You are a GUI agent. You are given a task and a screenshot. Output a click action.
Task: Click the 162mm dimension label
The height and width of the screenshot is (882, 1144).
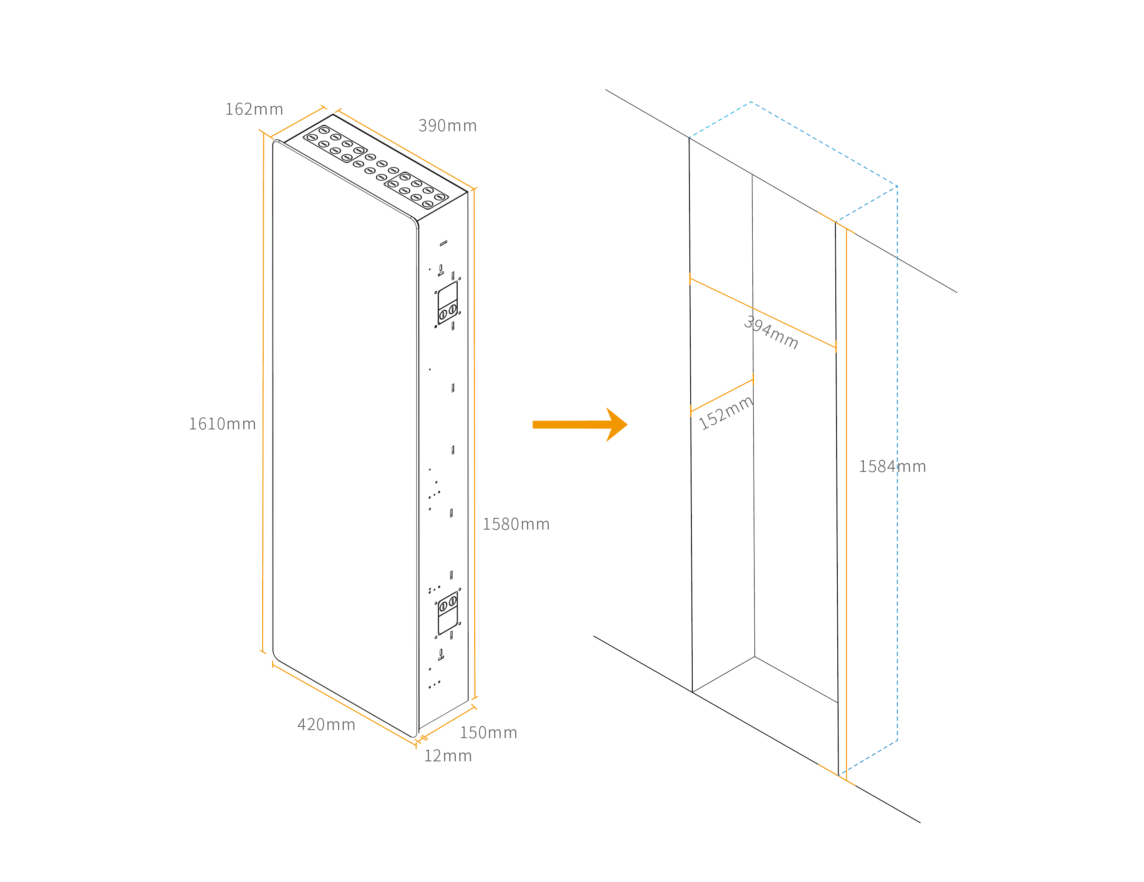point(254,109)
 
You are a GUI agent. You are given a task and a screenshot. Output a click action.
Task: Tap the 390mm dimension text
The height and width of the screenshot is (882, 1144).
point(447,126)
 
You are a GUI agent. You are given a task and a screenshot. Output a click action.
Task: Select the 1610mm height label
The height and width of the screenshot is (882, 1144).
point(222,424)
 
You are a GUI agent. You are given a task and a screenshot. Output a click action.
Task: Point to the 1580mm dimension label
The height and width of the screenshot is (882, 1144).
point(516,524)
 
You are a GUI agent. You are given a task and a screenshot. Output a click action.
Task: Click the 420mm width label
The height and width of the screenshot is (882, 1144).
point(326,725)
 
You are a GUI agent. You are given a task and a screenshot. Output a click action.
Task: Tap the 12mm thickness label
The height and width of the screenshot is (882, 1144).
point(448,756)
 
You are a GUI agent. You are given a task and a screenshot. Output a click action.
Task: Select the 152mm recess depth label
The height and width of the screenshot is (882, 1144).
point(726,413)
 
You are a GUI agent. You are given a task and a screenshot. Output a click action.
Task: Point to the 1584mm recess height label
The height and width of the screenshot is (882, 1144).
point(892,467)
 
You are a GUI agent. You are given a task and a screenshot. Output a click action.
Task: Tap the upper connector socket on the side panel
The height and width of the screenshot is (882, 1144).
point(448,303)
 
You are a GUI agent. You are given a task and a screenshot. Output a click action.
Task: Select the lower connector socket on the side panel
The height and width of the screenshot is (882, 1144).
point(448,613)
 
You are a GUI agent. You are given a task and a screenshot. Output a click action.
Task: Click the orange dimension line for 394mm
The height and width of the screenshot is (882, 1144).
point(796,328)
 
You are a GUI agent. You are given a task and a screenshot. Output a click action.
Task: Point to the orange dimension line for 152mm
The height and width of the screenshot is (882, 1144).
point(722,395)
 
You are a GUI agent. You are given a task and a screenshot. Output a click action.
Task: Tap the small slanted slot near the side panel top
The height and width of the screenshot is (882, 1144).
point(443,243)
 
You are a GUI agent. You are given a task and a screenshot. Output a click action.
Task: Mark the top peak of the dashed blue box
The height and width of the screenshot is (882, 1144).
point(751,102)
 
